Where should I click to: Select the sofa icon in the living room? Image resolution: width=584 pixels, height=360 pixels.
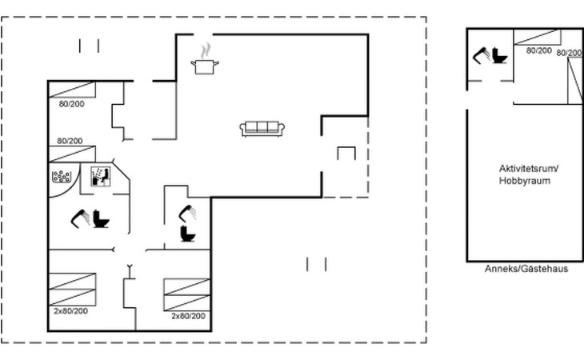[x=262, y=129]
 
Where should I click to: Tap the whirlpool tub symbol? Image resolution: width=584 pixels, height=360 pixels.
[x=62, y=177]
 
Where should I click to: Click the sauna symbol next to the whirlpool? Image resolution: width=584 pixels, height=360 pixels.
[x=101, y=177]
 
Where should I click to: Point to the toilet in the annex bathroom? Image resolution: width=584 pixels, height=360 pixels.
[x=499, y=55]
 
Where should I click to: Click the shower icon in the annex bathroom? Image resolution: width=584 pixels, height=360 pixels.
[x=482, y=56]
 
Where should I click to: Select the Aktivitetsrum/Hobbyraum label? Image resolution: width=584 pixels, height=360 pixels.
[x=529, y=174]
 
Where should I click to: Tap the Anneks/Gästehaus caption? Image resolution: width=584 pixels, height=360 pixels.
[x=526, y=269]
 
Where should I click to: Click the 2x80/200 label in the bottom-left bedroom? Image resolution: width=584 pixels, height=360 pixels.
[x=70, y=311]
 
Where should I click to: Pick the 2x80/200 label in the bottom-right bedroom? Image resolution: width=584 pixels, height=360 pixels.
[x=188, y=316]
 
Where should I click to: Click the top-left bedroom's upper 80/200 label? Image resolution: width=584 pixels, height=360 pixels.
[x=71, y=104]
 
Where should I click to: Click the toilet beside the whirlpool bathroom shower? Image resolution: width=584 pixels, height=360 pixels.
[x=101, y=219]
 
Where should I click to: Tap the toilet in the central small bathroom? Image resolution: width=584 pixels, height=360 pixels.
[x=188, y=234]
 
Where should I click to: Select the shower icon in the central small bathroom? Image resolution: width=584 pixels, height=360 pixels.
[x=187, y=214]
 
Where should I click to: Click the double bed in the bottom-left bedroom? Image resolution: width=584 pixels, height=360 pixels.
[x=72, y=290]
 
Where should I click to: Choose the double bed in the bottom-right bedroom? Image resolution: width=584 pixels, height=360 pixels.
[x=187, y=294]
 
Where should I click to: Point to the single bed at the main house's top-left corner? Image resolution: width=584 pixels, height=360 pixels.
[x=72, y=90]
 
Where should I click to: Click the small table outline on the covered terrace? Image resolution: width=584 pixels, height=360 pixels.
[x=346, y=154]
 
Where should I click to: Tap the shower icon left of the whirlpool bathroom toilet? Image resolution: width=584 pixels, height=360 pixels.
[x=81, y=218]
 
